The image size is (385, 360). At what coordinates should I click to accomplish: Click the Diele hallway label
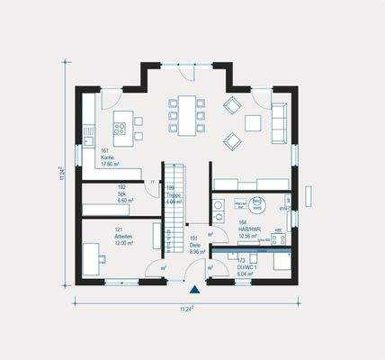click(194, 245)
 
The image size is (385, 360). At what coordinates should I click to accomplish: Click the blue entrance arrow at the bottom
click(194, 289)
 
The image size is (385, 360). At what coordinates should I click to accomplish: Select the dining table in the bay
click(186, 115)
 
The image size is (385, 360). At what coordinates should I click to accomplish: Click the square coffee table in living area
click(255, 121)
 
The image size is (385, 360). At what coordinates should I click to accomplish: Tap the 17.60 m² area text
click(110, 164)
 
